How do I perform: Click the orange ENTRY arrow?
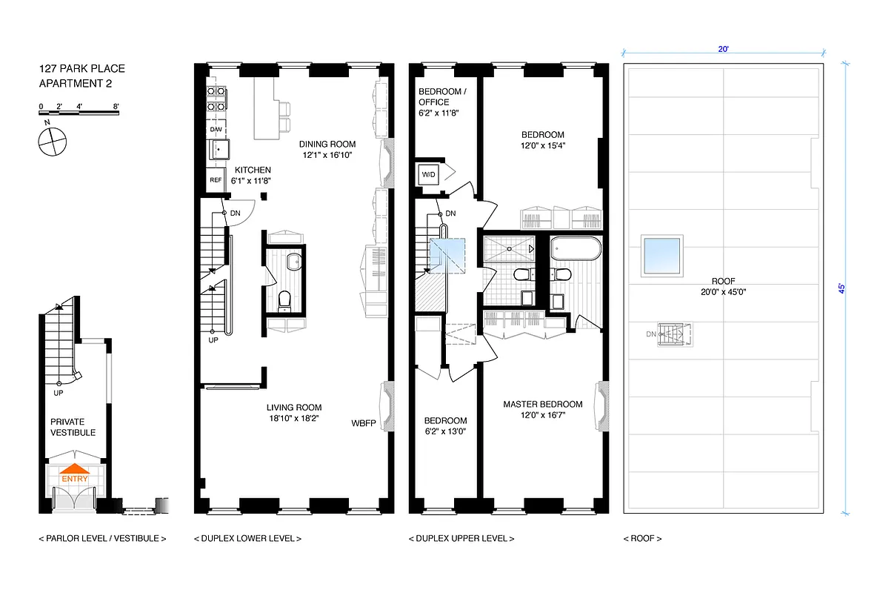pos(75,471)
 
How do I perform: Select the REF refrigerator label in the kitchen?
pos(216,180)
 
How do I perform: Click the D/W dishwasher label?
pos(216,130)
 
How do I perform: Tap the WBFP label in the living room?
pos(363,423)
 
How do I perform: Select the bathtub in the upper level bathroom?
pos(576,248)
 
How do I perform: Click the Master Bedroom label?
pos(542,405)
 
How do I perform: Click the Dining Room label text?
pos(327,144)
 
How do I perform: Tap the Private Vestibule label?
pos(73,427)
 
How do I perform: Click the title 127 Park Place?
pos(81,69)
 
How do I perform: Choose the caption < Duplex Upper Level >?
pos(461,539)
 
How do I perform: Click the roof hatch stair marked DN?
pos(674,334)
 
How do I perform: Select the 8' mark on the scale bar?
pos(116,107)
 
